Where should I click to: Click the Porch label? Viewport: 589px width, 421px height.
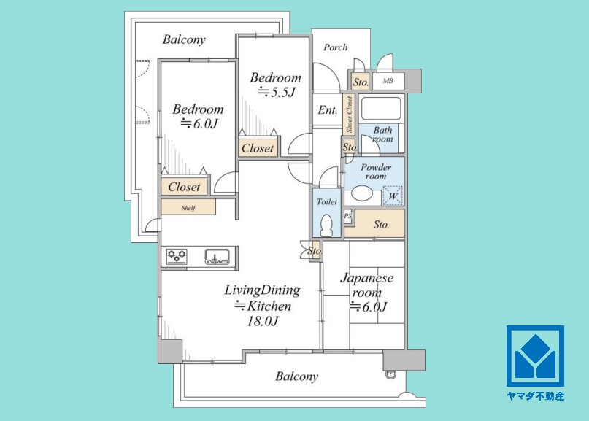click(x=336, y=47)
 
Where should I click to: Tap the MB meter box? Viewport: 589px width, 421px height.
click(x=388, y=81)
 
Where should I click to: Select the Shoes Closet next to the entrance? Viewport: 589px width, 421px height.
click(x=349, y=115)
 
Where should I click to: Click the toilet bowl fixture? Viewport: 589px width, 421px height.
click(x=327, y=225)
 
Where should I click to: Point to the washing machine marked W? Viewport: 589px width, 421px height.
click(x=393, y=196)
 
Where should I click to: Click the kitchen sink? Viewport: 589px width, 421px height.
click(x=217, y=257)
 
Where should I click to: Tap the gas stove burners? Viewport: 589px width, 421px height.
click(x=177, y=257)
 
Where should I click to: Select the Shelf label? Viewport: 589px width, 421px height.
click(x=188, y=208)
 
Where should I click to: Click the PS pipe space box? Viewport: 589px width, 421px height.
click(x=348, y=216)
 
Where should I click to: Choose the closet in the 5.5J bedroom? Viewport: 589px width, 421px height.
click(x=258, y=148)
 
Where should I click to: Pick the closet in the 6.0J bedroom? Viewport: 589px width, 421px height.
click(x=184, y=187)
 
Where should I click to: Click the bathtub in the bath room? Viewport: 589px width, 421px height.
click(x=381, y=109)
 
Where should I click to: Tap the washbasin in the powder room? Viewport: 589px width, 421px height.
click(x=362, y=196)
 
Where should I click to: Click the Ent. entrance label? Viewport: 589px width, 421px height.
click(x=328, y=110)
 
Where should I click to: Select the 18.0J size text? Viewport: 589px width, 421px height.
click(x=262, y=321)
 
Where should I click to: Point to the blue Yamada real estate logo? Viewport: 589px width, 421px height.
click(x=535, y=355)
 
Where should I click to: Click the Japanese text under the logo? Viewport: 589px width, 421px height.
click(x=535, y=396)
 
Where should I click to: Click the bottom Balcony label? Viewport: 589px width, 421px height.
click(x=296, y=376)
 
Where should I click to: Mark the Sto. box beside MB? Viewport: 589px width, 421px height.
click(x=361, y=82)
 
